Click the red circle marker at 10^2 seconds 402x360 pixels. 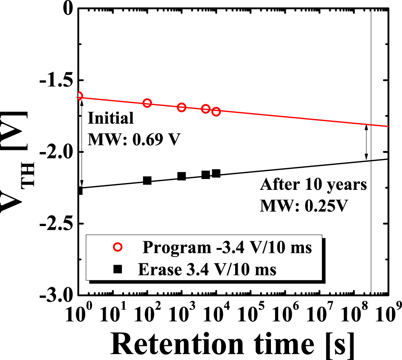(x=147, y=103)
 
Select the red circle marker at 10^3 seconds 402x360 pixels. (x=181, y=107)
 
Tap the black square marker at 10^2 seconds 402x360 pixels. (x=147, y=181)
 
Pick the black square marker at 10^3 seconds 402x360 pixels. (x=181, y=176)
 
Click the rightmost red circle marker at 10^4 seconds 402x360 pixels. (x=216, y=111)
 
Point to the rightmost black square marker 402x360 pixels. (x=216, y=173)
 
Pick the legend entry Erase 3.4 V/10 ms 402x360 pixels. (x=207, y=269)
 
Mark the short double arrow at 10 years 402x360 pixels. (x=366, y=142)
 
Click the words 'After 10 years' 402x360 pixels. (x=314, y=185)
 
